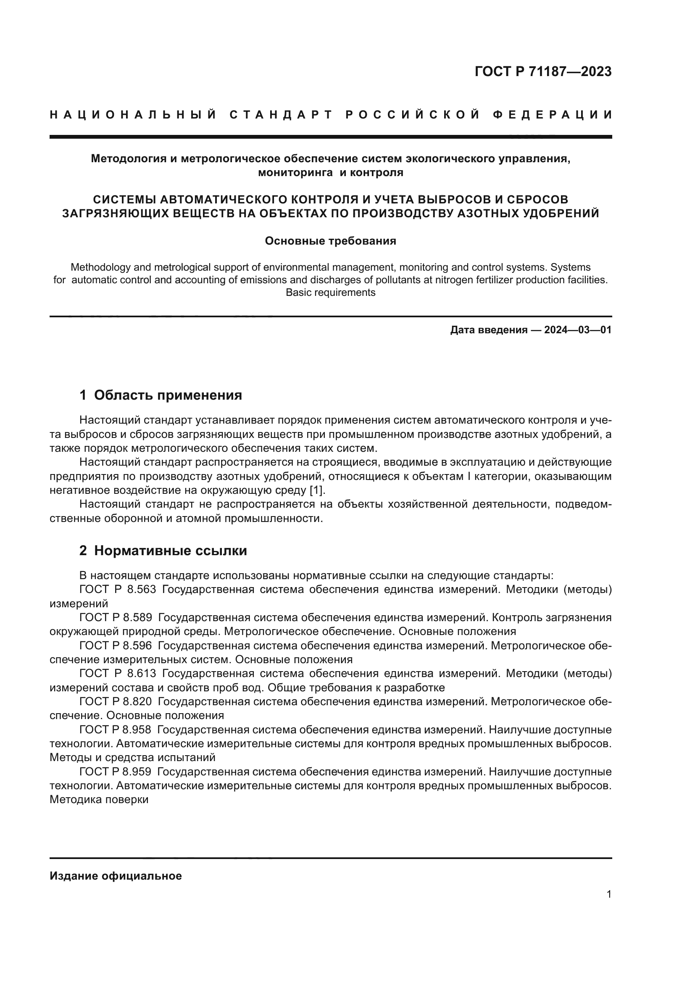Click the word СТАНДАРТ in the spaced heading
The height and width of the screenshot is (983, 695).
tap(281, 115)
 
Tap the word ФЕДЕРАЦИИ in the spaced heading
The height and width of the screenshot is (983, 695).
tap(553, 115)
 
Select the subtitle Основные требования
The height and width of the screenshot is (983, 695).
tap(330, 241)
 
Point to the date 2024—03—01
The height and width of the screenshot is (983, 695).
tap(578, 330)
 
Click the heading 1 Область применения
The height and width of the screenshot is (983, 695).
tap(161, 395)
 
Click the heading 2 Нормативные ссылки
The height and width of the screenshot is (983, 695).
tap(163, 551)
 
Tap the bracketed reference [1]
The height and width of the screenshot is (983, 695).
tap(317, 490)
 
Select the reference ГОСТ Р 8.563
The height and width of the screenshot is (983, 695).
tap(116, 590)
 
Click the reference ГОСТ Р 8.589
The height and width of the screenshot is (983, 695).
tap(116, 617)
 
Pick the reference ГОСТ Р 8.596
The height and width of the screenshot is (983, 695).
tap(116, 645)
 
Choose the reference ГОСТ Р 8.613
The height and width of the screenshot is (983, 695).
tap(116, 673)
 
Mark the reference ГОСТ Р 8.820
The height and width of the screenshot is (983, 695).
tap(116, 701)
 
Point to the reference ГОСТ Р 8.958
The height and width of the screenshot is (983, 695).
tap(116, 730)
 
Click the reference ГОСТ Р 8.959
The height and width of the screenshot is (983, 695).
tap(116, 772)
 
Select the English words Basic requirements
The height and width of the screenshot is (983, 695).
tap(330, 293)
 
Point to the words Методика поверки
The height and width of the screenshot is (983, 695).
tap(99, 799)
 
